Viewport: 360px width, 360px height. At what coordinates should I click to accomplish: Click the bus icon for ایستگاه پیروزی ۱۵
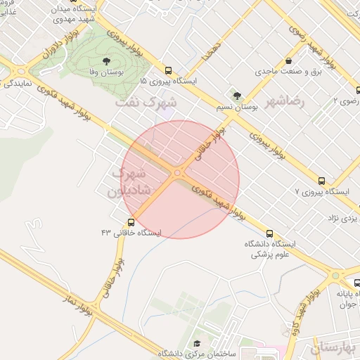(x=168, y=70)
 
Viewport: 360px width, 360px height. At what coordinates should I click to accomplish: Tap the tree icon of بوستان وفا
(x=107, y=62)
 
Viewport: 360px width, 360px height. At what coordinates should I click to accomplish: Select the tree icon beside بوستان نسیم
(x=236, y=96)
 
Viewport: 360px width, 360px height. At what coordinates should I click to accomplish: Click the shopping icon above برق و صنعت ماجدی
(x=289, y=61)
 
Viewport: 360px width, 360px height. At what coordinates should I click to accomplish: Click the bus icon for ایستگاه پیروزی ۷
(x=321, y=180)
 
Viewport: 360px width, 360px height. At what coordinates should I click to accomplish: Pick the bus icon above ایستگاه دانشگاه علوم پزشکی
(x=269, y=233)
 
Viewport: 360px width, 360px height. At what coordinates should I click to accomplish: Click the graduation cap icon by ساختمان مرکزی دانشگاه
(x=198, y=342)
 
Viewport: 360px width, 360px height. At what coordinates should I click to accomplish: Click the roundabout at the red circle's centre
(x=179, y=173)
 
